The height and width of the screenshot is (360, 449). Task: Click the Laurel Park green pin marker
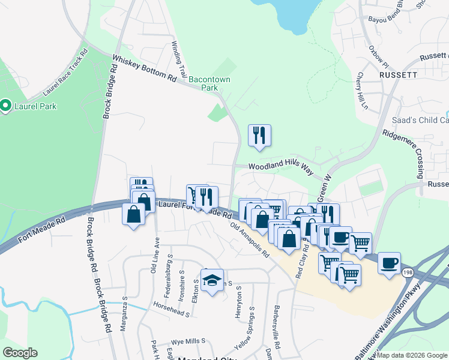tap(6, 106)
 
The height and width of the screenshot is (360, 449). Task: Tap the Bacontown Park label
tap(209, 83)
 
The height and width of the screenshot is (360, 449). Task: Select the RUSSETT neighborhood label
tap(398, 75)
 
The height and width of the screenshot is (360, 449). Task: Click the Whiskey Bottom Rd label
tap(145, 69)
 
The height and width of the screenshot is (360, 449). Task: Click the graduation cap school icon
tap(212, 280)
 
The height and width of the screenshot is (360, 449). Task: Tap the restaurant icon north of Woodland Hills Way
tap(259, 135)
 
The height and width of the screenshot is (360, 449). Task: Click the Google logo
tap(20, 353)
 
